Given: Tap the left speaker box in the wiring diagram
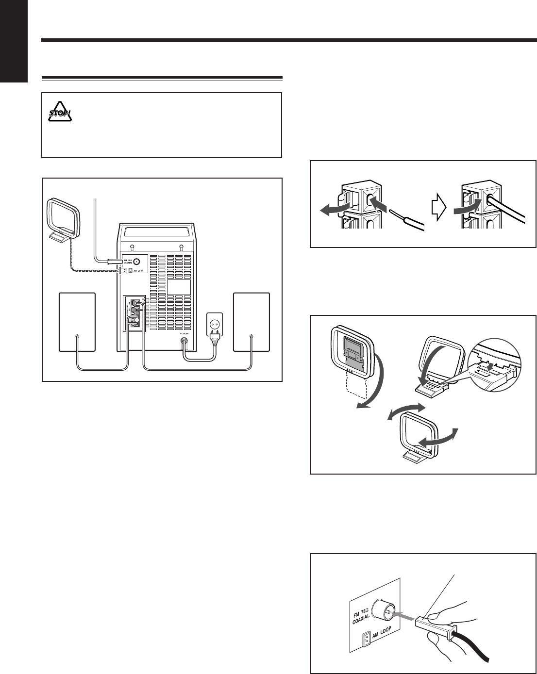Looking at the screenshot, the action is point(77,321).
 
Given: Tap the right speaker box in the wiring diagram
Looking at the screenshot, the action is point(251,321).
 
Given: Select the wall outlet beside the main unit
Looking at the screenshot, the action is point(215,321).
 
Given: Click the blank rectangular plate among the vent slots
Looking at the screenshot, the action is point(179,287).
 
